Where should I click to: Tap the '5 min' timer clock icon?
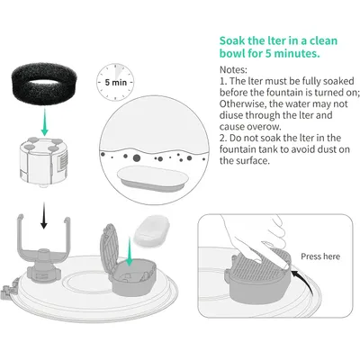pyautogui.click(x=115, y=82)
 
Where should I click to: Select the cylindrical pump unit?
pyautogui.click(x=43, y=162)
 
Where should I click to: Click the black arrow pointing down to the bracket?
pyautogui.click(x=44, y=215)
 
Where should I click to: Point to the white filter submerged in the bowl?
pyautogui.click(x=153, y=179)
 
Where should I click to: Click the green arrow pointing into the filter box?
pyautogui.click(x=129, y=251)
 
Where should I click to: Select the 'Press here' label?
pyautogui.click(x=320, y=256)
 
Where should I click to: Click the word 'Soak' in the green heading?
pyautogui.click(x=233, y=40)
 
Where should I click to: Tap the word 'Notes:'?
pyautogui.click(x=233, y=69)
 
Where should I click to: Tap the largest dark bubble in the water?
pyautogui.click(x=136, y=157)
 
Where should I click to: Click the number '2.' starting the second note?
pyautogui.click(x=223, y=138)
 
